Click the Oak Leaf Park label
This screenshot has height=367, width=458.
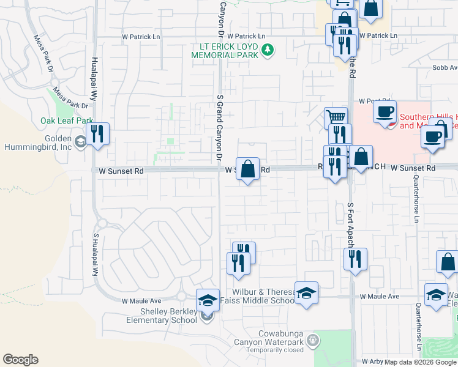point(67,121)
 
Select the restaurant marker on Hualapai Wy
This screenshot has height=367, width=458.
point(97,134)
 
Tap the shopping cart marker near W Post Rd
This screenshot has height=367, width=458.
point(335,117)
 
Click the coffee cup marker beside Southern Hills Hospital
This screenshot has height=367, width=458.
point(385,113)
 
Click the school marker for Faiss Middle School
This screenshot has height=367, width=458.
point(306,292)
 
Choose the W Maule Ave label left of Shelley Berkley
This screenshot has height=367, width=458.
point(141,301)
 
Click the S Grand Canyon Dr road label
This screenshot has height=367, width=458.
point(219,128)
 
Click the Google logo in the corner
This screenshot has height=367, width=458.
point(20,360)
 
